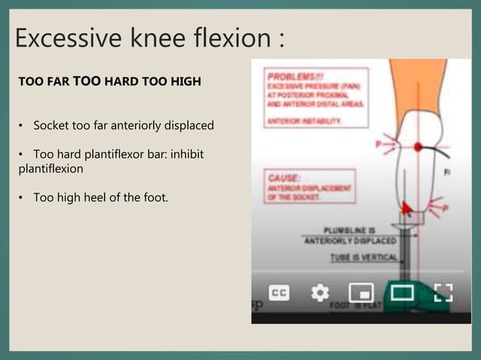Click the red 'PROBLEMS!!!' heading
click(x=288, y=77)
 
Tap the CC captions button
click(x=279, y=292)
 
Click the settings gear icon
click(x=320, y=292)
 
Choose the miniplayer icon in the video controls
click(x=360, y=292)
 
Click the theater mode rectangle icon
click(x=400, y=292)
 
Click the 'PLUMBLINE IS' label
click(x=354, y=230)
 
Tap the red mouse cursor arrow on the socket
click(x=406, y=207)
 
